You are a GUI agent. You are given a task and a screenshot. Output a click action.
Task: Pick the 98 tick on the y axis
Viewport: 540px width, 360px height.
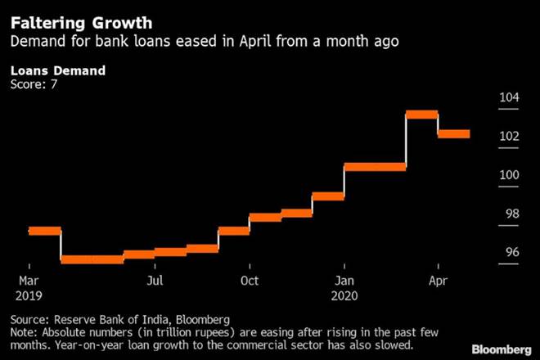(511, 214)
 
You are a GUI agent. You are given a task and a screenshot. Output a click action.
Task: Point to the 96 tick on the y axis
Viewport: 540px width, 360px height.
(511, 252)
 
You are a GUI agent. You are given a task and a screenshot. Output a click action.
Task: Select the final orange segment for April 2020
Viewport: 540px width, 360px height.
(453, 134)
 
